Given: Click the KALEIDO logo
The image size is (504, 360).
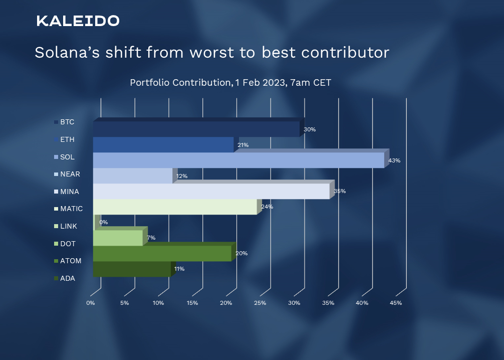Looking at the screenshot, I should coord(78,21).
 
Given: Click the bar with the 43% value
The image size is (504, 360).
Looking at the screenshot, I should coord(238,160).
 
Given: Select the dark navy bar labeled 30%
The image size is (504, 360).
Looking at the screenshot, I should coord(196,129).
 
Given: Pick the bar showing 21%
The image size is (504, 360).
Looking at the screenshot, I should coord(163,144).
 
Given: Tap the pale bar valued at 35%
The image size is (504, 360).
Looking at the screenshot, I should coord(211,191).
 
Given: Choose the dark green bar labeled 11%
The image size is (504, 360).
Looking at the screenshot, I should coord(132,269).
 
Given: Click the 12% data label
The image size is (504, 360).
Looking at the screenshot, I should coord(182,176).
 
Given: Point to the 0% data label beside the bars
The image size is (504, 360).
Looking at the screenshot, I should coord(104,222).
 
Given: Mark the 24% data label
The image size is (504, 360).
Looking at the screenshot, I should coord(267,207).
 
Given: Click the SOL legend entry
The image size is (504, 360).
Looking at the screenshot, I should coord(67,157).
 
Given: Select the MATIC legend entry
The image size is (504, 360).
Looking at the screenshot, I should coord(71,209).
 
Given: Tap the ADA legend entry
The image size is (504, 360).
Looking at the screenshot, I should coord(67,278).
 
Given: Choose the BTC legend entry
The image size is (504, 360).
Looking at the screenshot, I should coord(67,122).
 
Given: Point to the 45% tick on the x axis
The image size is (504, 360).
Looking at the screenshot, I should coord(396,303).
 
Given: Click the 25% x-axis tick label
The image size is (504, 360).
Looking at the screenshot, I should coord(260,303).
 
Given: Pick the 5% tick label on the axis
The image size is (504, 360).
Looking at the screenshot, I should coord(124,303).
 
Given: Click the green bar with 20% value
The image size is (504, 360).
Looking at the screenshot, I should coord(162,253).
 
